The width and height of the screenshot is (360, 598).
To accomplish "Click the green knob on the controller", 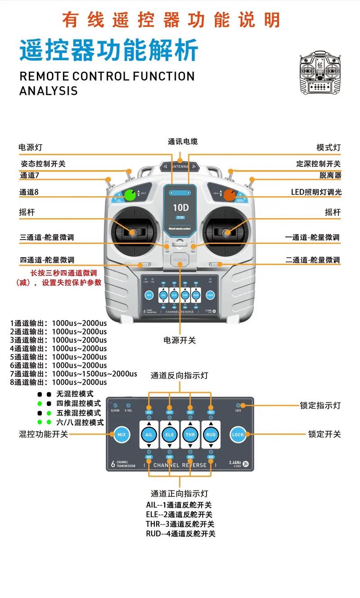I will point(130,195).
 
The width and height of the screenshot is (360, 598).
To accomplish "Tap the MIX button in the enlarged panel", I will point(121,434).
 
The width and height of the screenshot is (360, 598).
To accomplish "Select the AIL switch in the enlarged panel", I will point(149,435).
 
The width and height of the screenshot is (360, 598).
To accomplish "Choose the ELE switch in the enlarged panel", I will point(170,435).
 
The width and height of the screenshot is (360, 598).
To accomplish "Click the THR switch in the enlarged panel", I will point(190,435).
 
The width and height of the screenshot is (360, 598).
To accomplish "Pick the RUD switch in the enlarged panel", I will point(211,435).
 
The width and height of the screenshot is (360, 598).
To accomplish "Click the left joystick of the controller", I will point(133,232).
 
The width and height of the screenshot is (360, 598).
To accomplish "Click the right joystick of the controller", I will point(227,232).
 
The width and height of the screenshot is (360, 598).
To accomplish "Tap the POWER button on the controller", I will point(180,260).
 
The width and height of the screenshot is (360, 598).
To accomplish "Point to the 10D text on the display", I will point(180,208).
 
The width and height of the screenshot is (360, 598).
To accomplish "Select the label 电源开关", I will point(180,340).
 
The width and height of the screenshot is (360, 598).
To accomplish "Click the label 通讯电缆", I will point(183,142).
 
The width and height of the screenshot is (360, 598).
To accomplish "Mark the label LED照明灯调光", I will point(316,192).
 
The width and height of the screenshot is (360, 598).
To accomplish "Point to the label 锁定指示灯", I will point(320,405).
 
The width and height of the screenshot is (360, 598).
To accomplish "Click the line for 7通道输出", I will point(73,374).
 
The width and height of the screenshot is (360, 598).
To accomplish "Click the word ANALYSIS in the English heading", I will point(49,90).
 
